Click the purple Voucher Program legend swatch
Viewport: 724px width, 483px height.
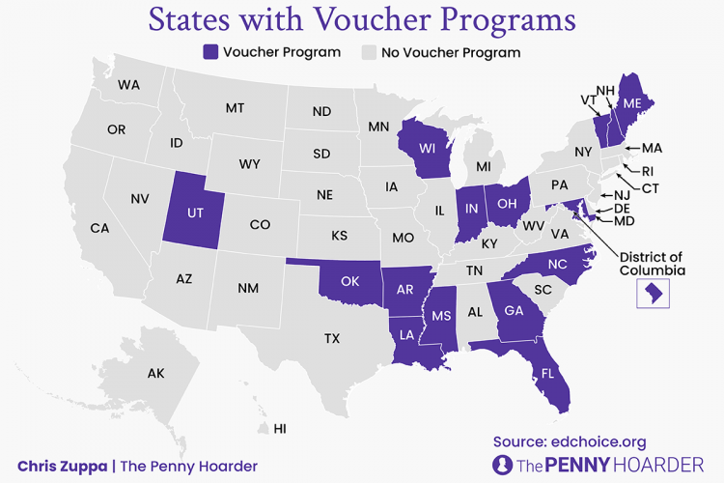click(x=210, y=52)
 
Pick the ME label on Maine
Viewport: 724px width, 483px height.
click(x=633, y=102)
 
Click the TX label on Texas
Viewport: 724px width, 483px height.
click(x=332, y=338)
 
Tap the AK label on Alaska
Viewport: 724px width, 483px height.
click(x=156, y=373)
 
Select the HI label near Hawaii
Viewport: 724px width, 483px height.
click(x=281, y=428)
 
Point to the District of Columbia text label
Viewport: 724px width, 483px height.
click(x=651, y=263)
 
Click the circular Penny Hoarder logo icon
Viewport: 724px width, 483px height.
click(x=502, y=465)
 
